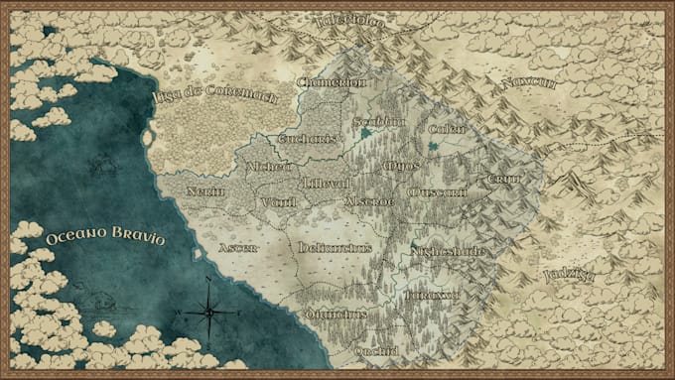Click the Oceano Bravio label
(104, 239)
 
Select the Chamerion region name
(332, 81)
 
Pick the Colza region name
(447, 129)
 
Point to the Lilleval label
(328, 184)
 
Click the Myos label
(401, 165)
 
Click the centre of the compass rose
(209, 313)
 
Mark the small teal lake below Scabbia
(368, 132)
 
